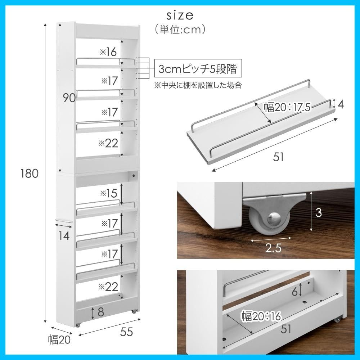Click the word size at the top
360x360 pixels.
click(x=180, y=15)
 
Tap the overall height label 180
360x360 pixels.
click(x=30, y=174)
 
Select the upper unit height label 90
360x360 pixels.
click(x=69, y=98)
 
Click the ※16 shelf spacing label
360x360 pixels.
click(x=108, y=52)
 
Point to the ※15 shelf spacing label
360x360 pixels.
click(x=108, y=193)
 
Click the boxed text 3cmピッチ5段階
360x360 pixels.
click(x=198, y=69)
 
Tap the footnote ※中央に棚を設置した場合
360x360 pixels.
click(x=198, y=85)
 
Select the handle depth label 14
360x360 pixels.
click(x=64, y=235)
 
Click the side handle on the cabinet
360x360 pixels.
click(x=64, y=221)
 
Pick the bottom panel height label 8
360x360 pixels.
click(x=101, y=312)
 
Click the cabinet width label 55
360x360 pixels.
click(x=126, y=332)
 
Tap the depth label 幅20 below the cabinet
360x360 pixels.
click(x=59, y=339)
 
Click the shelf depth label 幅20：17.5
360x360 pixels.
click(x=287, y=107)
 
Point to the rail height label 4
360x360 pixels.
click(x=341, y=104)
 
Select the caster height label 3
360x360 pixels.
click(x=319, y=213)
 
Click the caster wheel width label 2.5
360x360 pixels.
click(x=273, y=248)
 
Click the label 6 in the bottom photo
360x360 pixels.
click(x=294, y=292)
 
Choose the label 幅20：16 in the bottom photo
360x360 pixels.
click(x=261, y=316)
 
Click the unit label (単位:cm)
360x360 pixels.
click(x=180, y=30)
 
